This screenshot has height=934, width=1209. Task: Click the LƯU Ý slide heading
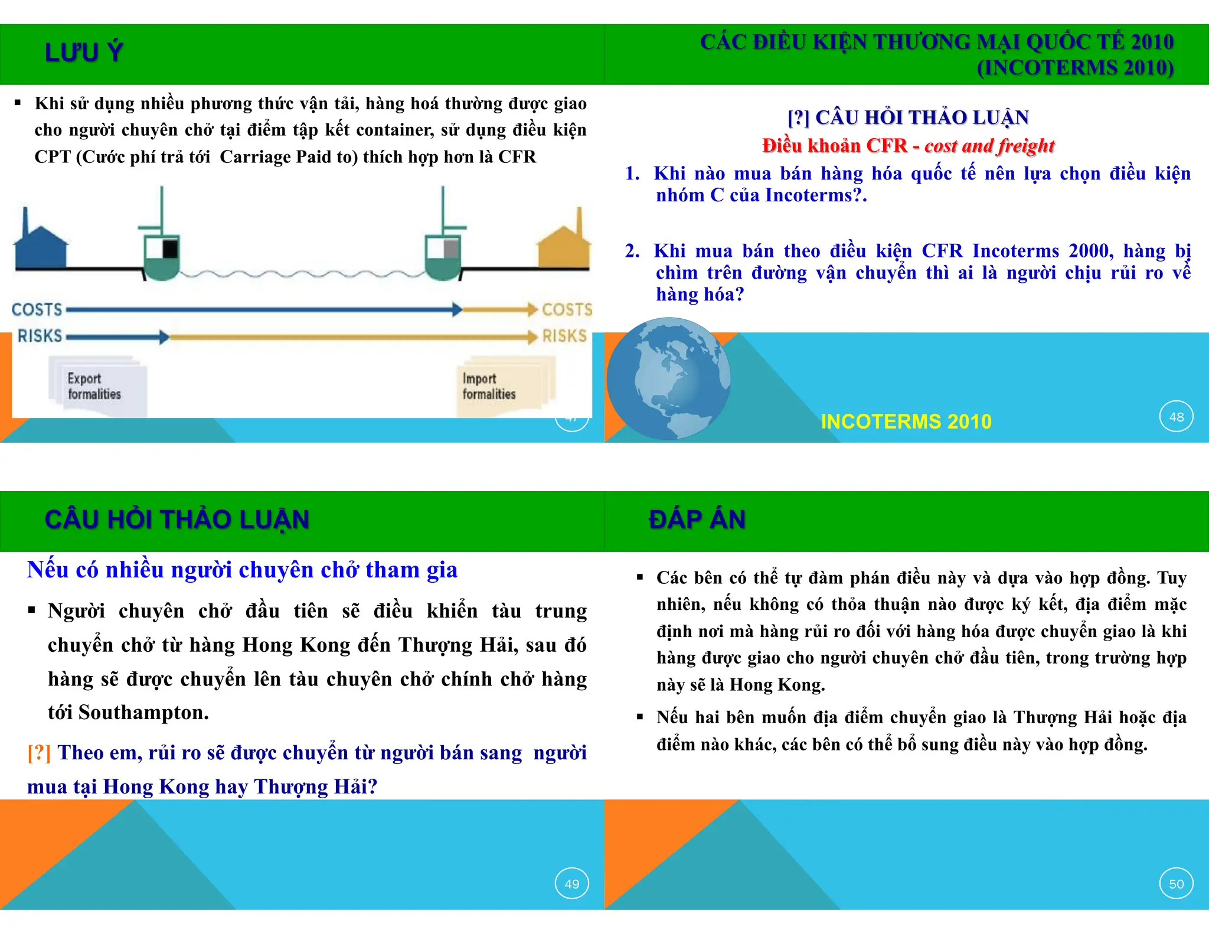pos(84,53)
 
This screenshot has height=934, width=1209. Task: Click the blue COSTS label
pos(37,309)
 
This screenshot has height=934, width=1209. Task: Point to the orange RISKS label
pos(564,336)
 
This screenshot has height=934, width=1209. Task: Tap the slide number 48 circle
pos(1176,417)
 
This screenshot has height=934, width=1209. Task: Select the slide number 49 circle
pos(571,884)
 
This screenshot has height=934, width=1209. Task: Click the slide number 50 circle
pos(1176,884)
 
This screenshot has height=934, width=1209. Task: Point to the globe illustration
pos(668,378)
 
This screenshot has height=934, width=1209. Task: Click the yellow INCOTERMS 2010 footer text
pos(906,422)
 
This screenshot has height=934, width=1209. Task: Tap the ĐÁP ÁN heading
pos(697,520)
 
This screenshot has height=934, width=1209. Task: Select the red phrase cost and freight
pos(989,146)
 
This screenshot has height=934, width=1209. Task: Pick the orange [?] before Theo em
pos(39,753)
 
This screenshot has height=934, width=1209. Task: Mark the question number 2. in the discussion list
pos(632,252)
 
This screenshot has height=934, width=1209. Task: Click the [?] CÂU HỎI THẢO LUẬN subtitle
pos(908,117)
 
